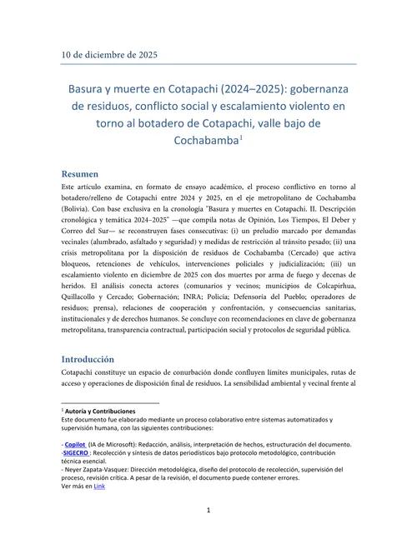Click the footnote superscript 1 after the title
[241, 137]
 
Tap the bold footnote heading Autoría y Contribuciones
[101, 412]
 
